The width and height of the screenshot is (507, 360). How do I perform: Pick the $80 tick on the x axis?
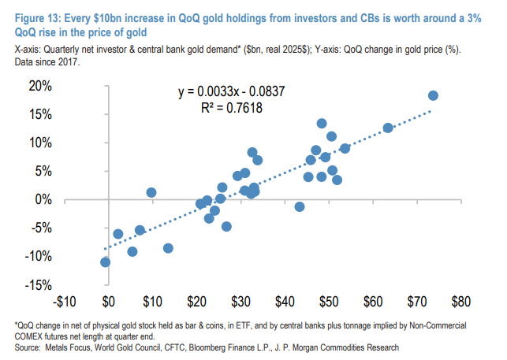460,301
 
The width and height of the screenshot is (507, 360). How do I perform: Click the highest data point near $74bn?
433,95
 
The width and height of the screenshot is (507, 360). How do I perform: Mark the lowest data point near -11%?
105,262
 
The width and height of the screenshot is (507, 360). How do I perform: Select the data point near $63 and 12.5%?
388,128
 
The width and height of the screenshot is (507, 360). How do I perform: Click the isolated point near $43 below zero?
300,206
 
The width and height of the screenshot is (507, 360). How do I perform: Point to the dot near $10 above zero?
151,192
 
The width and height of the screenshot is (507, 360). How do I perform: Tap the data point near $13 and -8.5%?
168,248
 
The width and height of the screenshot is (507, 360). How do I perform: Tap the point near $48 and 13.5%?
322,123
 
